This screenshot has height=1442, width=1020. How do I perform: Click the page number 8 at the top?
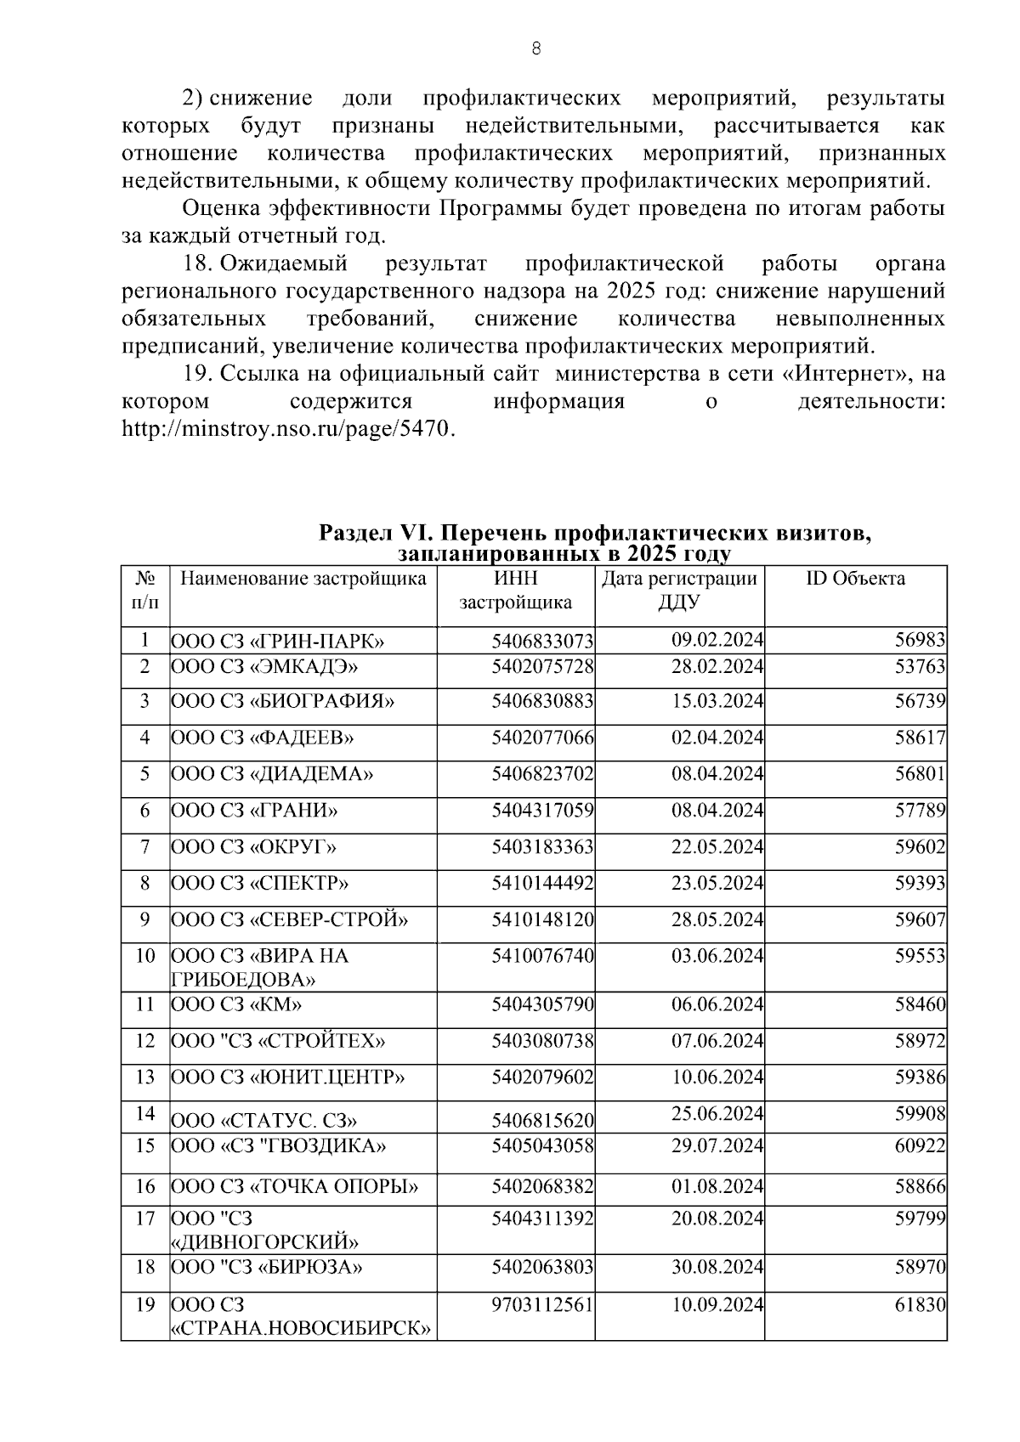coord(535,48)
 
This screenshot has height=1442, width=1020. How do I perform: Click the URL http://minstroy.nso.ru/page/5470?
coord(289,428)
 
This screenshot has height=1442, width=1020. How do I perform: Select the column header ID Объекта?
coord(855,580)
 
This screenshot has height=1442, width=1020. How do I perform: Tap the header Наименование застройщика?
coord(303,580)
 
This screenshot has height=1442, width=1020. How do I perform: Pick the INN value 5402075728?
coord(542,667)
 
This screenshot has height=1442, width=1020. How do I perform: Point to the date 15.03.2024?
coord(717,701)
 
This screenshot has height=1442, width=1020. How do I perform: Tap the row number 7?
coord(145,847)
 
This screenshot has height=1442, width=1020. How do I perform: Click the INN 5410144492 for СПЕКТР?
coord(542,884)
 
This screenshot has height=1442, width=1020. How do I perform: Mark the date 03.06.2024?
coord(717,956)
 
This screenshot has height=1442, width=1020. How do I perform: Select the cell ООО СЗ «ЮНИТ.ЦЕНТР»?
coord(288,1077)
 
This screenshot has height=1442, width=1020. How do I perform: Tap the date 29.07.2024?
coord(717,1145)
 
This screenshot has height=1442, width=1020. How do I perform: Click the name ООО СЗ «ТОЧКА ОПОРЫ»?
coord(295,1186)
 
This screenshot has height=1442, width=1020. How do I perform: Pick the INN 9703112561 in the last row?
coord(542,1303)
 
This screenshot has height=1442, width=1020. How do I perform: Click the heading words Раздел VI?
coord(376,534)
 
